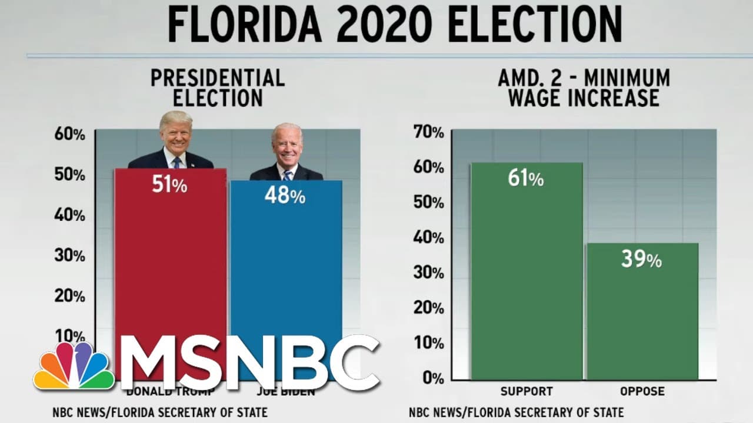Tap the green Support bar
[x=527, y=276]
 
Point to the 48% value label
[x=285, y=195]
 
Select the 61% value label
[x=525, y=177]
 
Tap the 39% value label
[x=641, y=258]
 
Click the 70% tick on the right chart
[x=429, y=133]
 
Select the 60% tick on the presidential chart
[x=70, y=135]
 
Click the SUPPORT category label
[x=527, y=391]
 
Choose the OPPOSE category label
[x=642, y=391]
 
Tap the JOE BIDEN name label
[x=286, y=391]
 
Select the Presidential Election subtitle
[x=218, y=88]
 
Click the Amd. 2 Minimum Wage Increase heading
[x=584, y=88]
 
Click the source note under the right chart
[x=516, y=412]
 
